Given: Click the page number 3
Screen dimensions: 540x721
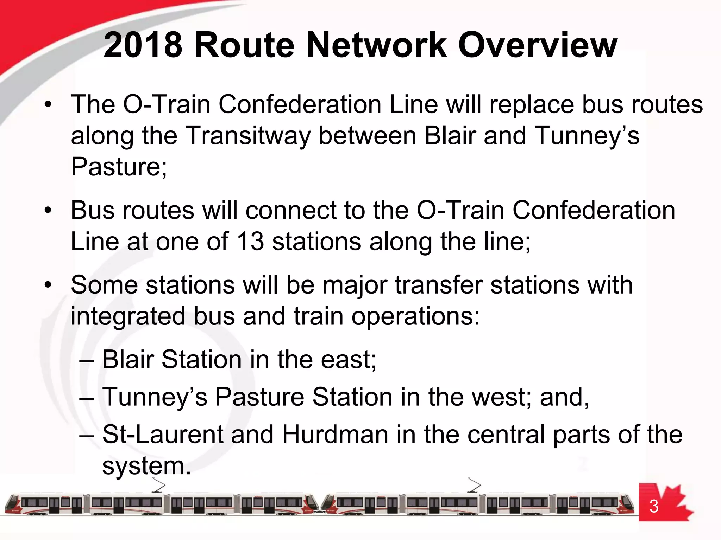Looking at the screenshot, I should (x=654, y=507).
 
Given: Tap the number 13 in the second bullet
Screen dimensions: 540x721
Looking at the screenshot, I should (x=250, y=242).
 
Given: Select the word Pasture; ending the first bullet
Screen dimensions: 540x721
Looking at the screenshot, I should (x=119, y=167).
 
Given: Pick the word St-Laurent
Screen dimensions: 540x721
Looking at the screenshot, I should (x=163, y=435).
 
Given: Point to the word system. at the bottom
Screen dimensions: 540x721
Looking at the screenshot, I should (x=146, y=466).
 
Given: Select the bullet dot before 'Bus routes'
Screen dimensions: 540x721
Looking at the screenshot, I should (x=48, y=211).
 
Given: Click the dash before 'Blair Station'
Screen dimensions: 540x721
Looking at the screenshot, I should (x=87, y=361).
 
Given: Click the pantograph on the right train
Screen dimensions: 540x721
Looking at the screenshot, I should (x=474, y=485).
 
